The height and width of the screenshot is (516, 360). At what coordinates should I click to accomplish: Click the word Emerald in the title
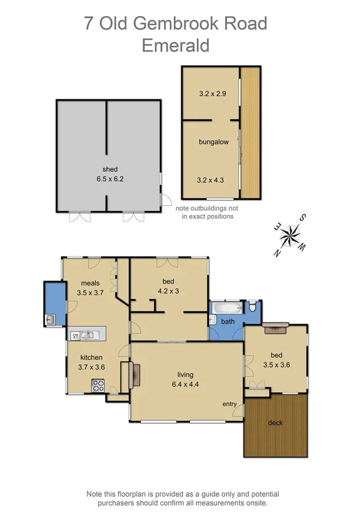pos(176,45)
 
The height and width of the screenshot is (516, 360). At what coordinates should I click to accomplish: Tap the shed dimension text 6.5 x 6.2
pos(110,179)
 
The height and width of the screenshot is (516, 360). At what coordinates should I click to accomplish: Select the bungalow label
pos(213,142)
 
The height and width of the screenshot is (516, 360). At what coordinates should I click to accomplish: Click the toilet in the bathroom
pos(253,306)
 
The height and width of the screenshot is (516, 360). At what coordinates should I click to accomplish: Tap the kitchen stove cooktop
pos(98,385)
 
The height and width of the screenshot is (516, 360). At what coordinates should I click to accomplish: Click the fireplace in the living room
pos(135,375)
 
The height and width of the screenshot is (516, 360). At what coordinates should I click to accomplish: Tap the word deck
pos(275,423)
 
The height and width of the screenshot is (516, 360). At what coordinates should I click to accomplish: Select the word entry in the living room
pos(229,404)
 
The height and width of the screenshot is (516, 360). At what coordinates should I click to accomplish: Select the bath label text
pos(228,321)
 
